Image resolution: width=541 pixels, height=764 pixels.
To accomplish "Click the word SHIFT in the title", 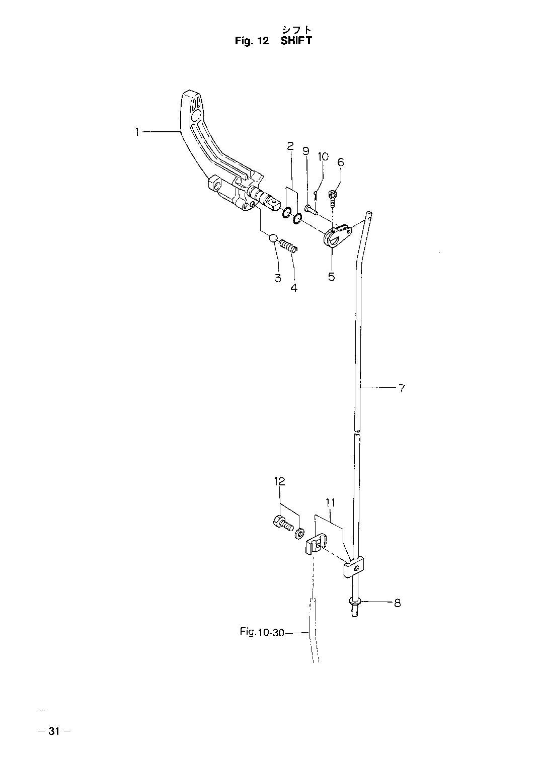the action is pos(296,41).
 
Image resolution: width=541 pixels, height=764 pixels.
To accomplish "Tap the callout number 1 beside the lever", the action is pos(137,132).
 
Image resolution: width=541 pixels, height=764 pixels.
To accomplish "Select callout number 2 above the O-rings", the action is pos(290,146).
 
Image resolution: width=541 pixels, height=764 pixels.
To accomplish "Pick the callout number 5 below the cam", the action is pos(332,277).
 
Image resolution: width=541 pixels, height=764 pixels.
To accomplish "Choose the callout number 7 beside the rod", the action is pos(402,388).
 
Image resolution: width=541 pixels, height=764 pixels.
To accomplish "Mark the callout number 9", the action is pos(306,151).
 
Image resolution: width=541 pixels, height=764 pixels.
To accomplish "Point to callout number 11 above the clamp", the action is pos(330,503).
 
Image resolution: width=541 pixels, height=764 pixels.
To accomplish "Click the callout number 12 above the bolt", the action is pos(279,481).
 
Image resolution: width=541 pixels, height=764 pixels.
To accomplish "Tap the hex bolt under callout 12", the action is pos(283,533).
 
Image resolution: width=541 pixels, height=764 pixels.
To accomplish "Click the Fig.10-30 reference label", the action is pos(262,632).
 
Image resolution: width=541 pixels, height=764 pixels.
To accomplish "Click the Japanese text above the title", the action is pos(296,30).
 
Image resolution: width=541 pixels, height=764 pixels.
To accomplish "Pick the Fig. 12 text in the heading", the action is pos(252,41).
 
